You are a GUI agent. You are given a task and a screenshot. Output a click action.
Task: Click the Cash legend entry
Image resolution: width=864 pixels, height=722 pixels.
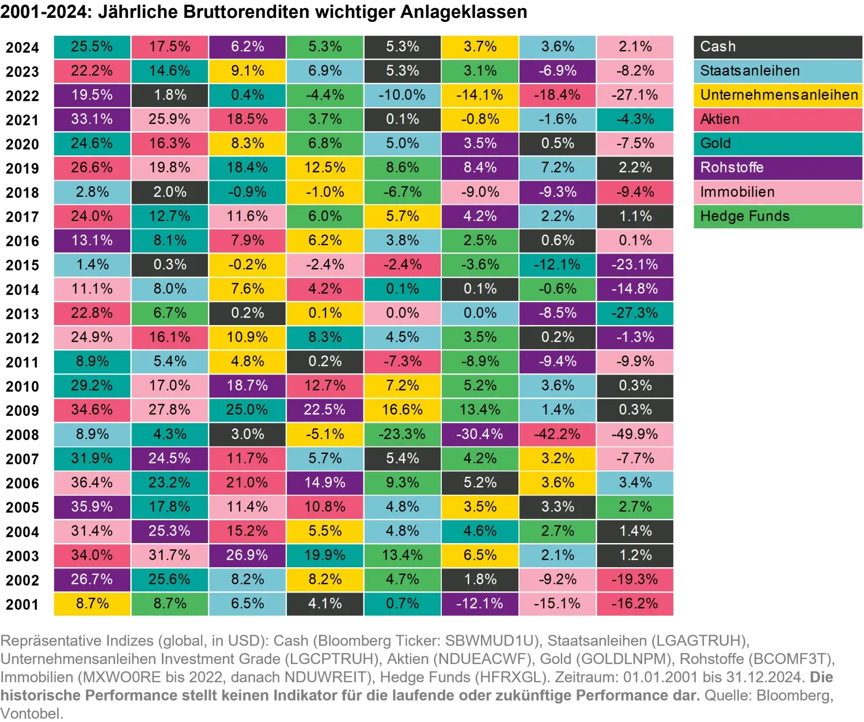coord(777,47)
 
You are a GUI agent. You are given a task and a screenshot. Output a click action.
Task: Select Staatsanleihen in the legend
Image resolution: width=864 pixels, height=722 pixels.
coord(777,71)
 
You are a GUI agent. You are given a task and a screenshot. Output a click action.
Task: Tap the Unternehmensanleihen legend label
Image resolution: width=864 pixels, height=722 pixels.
coord(777,95)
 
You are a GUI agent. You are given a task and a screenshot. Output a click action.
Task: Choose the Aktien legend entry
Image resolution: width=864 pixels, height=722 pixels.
coord(777,119)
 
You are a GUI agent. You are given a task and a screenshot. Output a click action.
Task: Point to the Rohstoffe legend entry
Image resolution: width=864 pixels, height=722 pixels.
coord(777,167)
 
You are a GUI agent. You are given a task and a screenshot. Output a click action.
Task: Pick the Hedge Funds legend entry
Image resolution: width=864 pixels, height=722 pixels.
coord(777,216)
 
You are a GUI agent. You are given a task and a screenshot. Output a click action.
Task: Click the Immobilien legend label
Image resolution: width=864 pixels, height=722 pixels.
coord(777,192)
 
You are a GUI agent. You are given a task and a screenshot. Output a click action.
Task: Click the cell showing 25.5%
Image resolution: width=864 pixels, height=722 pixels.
coord(92,47)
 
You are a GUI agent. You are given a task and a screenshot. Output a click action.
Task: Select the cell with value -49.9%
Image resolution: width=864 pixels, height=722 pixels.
coord(635,434)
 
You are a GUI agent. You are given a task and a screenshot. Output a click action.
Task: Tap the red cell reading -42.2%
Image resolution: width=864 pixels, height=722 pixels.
coord(558,434)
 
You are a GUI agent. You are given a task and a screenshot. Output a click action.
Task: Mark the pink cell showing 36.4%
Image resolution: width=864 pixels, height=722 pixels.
coord(92,483)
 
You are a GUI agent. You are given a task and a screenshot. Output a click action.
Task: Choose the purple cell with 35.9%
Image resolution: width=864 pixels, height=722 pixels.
coord(92,507)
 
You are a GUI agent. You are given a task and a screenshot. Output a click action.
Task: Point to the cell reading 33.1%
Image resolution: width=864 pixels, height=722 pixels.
coord(92,119)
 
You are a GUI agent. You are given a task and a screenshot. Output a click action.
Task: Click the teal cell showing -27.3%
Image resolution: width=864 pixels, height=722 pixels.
coord(635,313)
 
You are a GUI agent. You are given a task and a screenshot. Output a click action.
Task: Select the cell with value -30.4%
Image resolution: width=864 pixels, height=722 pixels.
coord(480,434)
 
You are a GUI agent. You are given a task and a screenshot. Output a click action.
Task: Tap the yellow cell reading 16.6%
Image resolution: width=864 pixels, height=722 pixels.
coord(402,410)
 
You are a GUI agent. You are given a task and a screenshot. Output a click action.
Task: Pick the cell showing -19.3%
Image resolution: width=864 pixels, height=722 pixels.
coord(635,579)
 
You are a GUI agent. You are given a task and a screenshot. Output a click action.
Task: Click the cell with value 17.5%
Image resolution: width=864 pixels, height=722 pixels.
coord(169,47)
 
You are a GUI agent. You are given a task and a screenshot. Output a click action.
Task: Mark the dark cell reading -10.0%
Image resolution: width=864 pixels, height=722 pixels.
coord(402,95)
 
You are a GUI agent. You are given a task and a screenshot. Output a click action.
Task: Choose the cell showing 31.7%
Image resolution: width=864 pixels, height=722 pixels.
coord(169,555)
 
